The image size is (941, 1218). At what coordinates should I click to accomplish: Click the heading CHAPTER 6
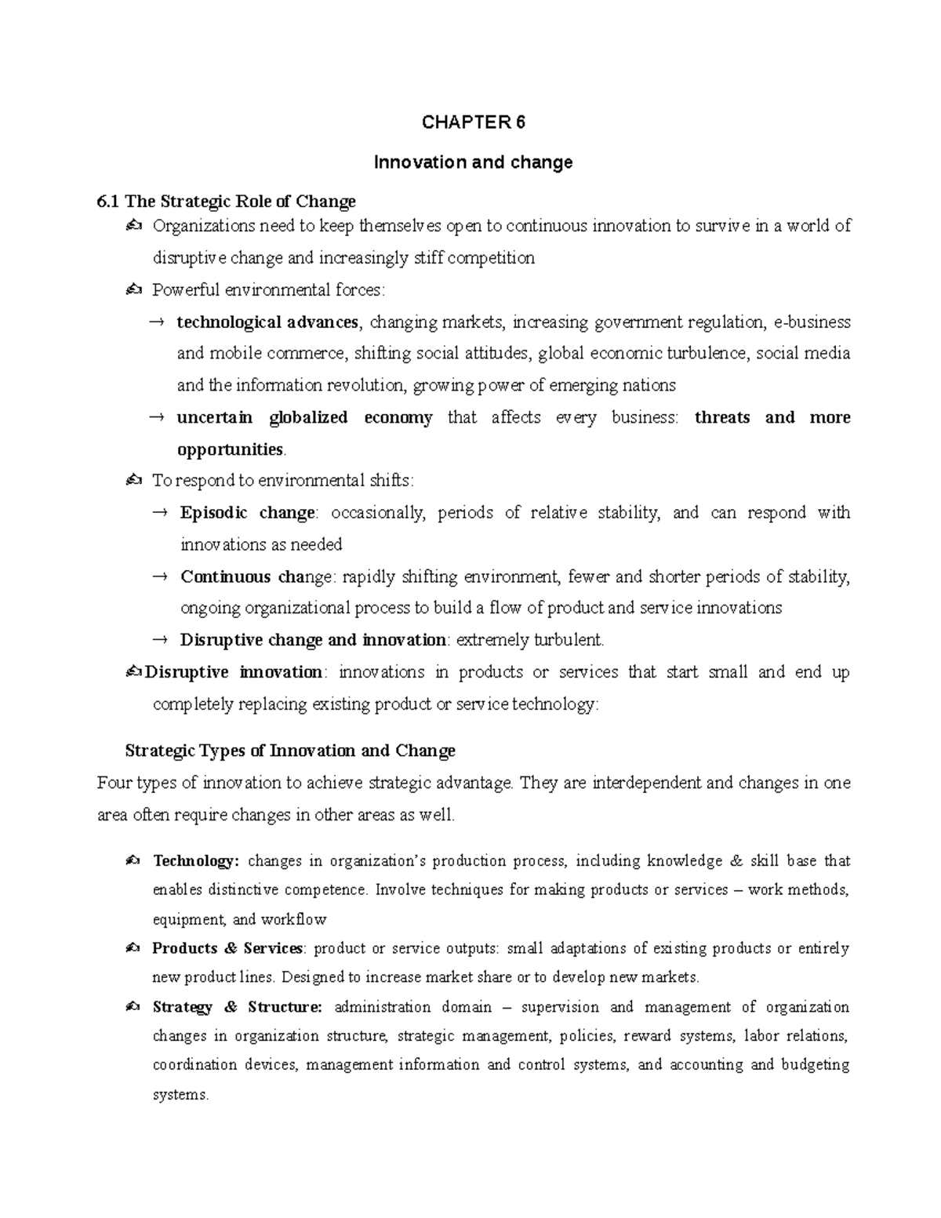[473, 122]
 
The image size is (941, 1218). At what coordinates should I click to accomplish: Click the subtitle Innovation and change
[473, 162]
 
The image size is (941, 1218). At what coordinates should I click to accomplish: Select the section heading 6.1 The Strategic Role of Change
[226, 202]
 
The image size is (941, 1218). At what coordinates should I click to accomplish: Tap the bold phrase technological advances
[267, 322]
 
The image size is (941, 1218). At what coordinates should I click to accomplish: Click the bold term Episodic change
[247, 513]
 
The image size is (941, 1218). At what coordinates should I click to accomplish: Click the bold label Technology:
[195, 861]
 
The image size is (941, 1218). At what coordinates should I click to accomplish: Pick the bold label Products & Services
[227, 948]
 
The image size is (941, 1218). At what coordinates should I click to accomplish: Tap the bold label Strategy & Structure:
[237, 1007]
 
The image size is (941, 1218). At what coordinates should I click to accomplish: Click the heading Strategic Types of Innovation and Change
[290, 751]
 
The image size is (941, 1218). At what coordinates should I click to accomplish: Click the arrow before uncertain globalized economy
[156, 418]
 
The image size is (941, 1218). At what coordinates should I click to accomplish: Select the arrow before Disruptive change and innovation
[159, 641]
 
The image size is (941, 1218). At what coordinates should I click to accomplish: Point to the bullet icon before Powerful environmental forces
[133, 290]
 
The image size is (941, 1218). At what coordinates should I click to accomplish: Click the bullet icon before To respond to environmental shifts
[133, 481]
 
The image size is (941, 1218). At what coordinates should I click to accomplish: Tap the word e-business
[812, 322]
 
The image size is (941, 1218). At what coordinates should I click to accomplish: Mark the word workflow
[293, 919]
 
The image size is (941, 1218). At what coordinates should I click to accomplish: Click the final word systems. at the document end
[180, 1095]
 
